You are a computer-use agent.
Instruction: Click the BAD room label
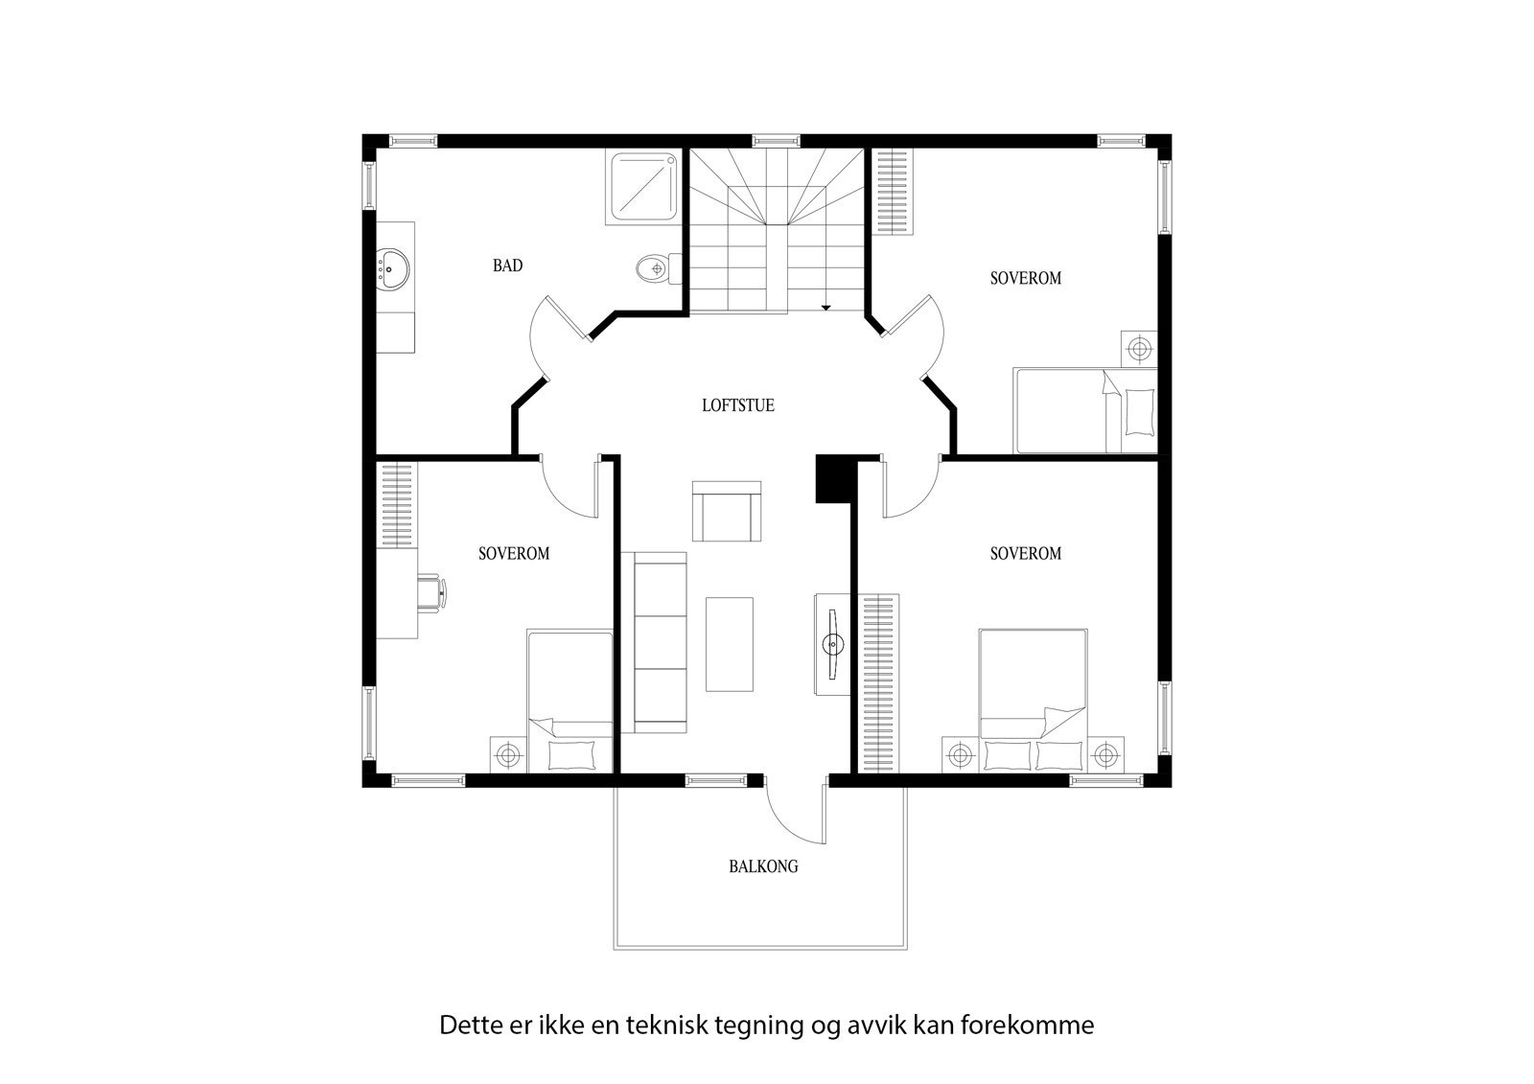pos(507,265)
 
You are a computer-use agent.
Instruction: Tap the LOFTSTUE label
pos(737,405)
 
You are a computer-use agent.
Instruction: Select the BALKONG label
pos(763,866)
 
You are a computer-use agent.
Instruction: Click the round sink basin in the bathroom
pos(391,267)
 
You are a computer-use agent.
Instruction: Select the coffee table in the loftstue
pos(730,643)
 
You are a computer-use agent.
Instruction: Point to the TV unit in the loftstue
pos(830,643)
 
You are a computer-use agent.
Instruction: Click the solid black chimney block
pos(833,478)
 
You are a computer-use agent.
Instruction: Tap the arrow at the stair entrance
pos(825,307)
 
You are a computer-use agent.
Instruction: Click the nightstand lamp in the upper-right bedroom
pos(1139,349)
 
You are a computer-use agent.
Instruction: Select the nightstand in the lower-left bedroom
pos(507,755)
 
